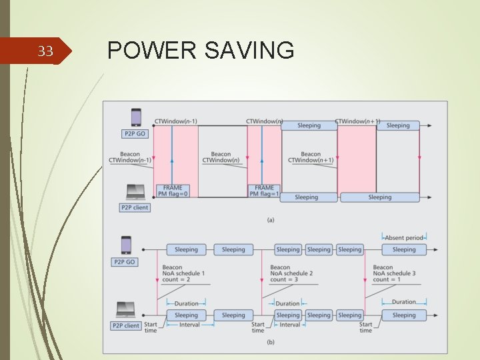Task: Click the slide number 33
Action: (x=45, y=51)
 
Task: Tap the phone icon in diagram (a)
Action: (x=136, y=118)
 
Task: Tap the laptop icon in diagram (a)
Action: (x=135, y=193)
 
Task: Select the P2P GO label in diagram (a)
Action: (x=136, y=133)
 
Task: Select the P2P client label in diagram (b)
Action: (x=126, y=325)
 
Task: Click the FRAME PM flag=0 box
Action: (x=172, y=191)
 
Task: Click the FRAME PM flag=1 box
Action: (x=264, y=191)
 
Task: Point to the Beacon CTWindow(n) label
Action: (x=221, y=157)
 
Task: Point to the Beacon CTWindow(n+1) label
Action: (x=311, y=157)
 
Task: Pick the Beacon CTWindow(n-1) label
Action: (x=131, y=157)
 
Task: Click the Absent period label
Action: (x=404, y=237)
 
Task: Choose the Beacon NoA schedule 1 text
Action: (x=183, y=273)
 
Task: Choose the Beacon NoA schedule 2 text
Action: (x=291, y=273)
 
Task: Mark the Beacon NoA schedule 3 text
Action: (x=394, y=273)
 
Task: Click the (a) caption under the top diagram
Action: (x=271, y=219)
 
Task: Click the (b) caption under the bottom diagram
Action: (x=271, y=342)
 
